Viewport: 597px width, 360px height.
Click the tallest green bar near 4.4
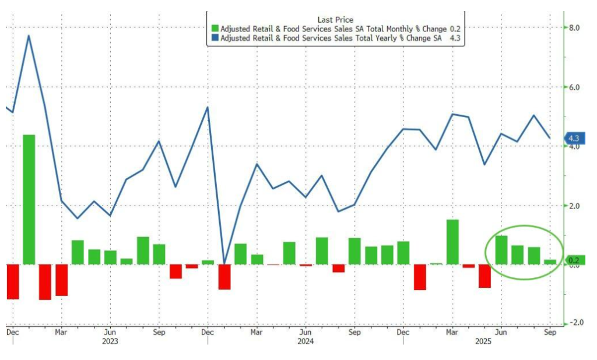click(29, 199)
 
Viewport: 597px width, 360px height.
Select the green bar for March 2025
click(452, 242)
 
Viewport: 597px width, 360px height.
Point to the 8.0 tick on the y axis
click(574, 27)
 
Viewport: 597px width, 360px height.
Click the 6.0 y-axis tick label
click(574, 87)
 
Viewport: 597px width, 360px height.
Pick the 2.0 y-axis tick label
click(574, 206)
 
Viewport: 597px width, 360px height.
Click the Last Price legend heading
click(335, 19)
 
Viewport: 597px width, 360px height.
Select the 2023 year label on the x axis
click(110, 342)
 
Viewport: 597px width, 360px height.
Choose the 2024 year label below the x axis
click(305, 342)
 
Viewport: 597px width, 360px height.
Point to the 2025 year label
click(500, 342)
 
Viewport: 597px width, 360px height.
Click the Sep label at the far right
click(549, 333)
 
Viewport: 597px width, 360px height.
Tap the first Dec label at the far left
click(12, 333)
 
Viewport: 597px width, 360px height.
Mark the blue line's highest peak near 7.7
click(29, 36)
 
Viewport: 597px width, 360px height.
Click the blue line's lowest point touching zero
click(224, 263)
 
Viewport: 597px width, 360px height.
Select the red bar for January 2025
click(420, 277)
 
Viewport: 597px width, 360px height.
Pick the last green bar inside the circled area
click(550, 262)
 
